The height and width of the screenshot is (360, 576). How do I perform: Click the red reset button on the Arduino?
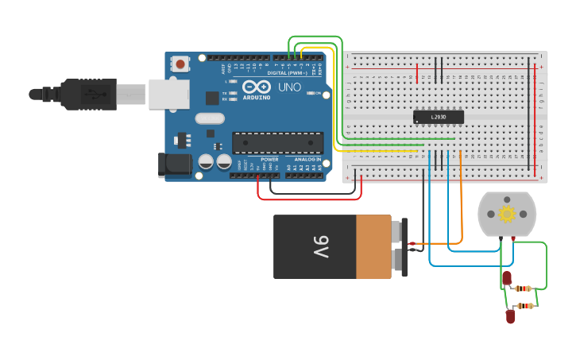click(x=181, y=64)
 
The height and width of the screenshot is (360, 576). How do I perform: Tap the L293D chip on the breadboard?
click(x=438, y=117)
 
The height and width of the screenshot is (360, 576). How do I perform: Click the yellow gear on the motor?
click(x=506, y=214)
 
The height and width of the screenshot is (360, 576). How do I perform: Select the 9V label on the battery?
click(x=320, y=247)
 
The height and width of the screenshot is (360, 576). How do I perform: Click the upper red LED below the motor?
click(x=506, y=278)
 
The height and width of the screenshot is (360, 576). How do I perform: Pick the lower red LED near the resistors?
click(x=510, y=316)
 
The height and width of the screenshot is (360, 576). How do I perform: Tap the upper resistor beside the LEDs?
click(x=523, y=288)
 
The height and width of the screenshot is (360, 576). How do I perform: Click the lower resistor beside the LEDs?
click(x=524, y=305)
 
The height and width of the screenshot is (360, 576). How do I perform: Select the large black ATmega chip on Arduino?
click(x=277, y=143)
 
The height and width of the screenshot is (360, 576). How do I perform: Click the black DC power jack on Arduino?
click(x=175, y=165)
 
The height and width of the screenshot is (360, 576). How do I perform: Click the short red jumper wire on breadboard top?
click(x=417, y=74)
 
